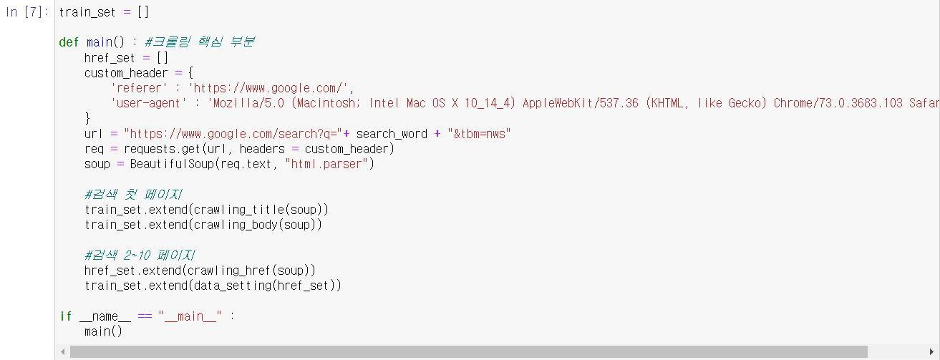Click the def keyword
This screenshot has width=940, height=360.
69,42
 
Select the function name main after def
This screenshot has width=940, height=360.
100,42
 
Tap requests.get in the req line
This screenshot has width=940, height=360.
152,149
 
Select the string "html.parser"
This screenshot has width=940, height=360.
326,164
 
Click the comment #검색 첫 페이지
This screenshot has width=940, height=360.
133,195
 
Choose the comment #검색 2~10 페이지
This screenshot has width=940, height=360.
140,256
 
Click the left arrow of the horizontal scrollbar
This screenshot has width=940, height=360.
63,351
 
